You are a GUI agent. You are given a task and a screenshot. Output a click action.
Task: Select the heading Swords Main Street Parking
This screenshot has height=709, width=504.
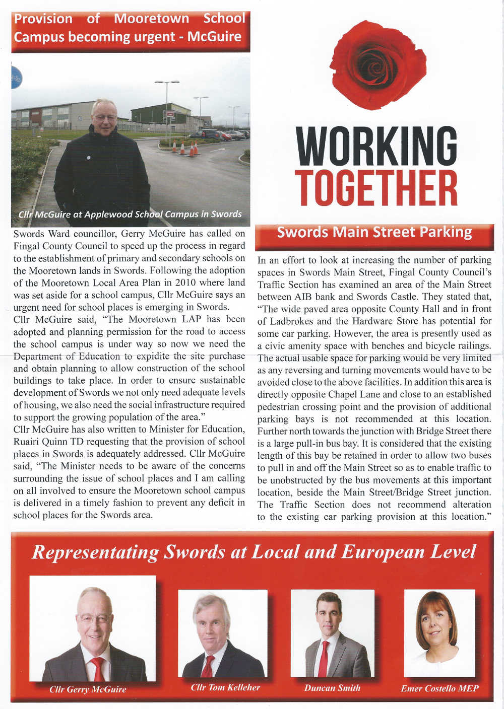click(x=374, y=232)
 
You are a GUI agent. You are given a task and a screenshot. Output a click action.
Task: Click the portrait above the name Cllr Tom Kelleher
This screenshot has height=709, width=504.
click(x=223, y=634)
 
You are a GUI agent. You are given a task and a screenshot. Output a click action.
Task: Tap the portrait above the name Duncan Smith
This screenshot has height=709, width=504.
click(x=332, y=634)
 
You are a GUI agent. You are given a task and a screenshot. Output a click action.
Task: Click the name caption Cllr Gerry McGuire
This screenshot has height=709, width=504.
click(x=88, y=689)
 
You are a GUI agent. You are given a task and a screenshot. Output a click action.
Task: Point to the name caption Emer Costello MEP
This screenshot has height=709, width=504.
click(x=439, y=688)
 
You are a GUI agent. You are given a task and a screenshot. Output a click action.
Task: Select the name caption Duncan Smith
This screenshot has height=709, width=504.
click(x=332, y=688)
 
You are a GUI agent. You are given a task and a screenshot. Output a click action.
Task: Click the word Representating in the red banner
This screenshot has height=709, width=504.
click(x=95, y=552)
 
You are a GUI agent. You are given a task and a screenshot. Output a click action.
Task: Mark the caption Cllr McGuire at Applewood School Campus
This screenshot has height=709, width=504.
click(x=130, y=214)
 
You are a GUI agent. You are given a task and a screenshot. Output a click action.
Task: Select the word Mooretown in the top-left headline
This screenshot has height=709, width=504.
click(x=151, y=19)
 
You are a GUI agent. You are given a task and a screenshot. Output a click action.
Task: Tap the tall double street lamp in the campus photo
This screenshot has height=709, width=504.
click(x=167, y=103)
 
